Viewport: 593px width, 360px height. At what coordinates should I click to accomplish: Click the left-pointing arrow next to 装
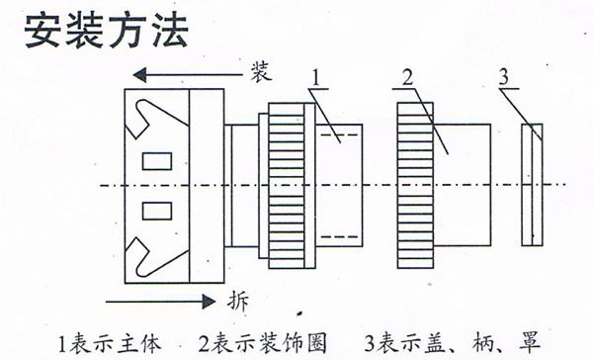pyautogui.click(x=188, y=73)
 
